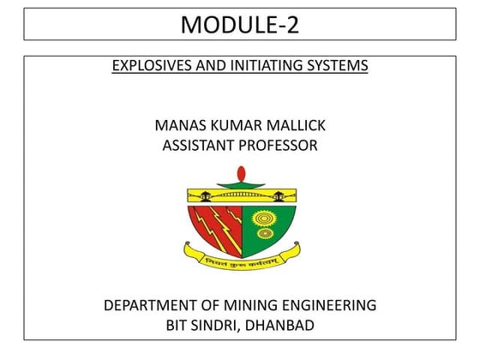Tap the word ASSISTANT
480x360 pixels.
coord(195,146)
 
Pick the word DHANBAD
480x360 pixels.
coord(279,325)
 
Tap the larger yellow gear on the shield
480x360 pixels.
coord(263,218)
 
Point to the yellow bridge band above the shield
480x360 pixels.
coord(241,196)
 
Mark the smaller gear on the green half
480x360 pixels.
coord(263,233)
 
